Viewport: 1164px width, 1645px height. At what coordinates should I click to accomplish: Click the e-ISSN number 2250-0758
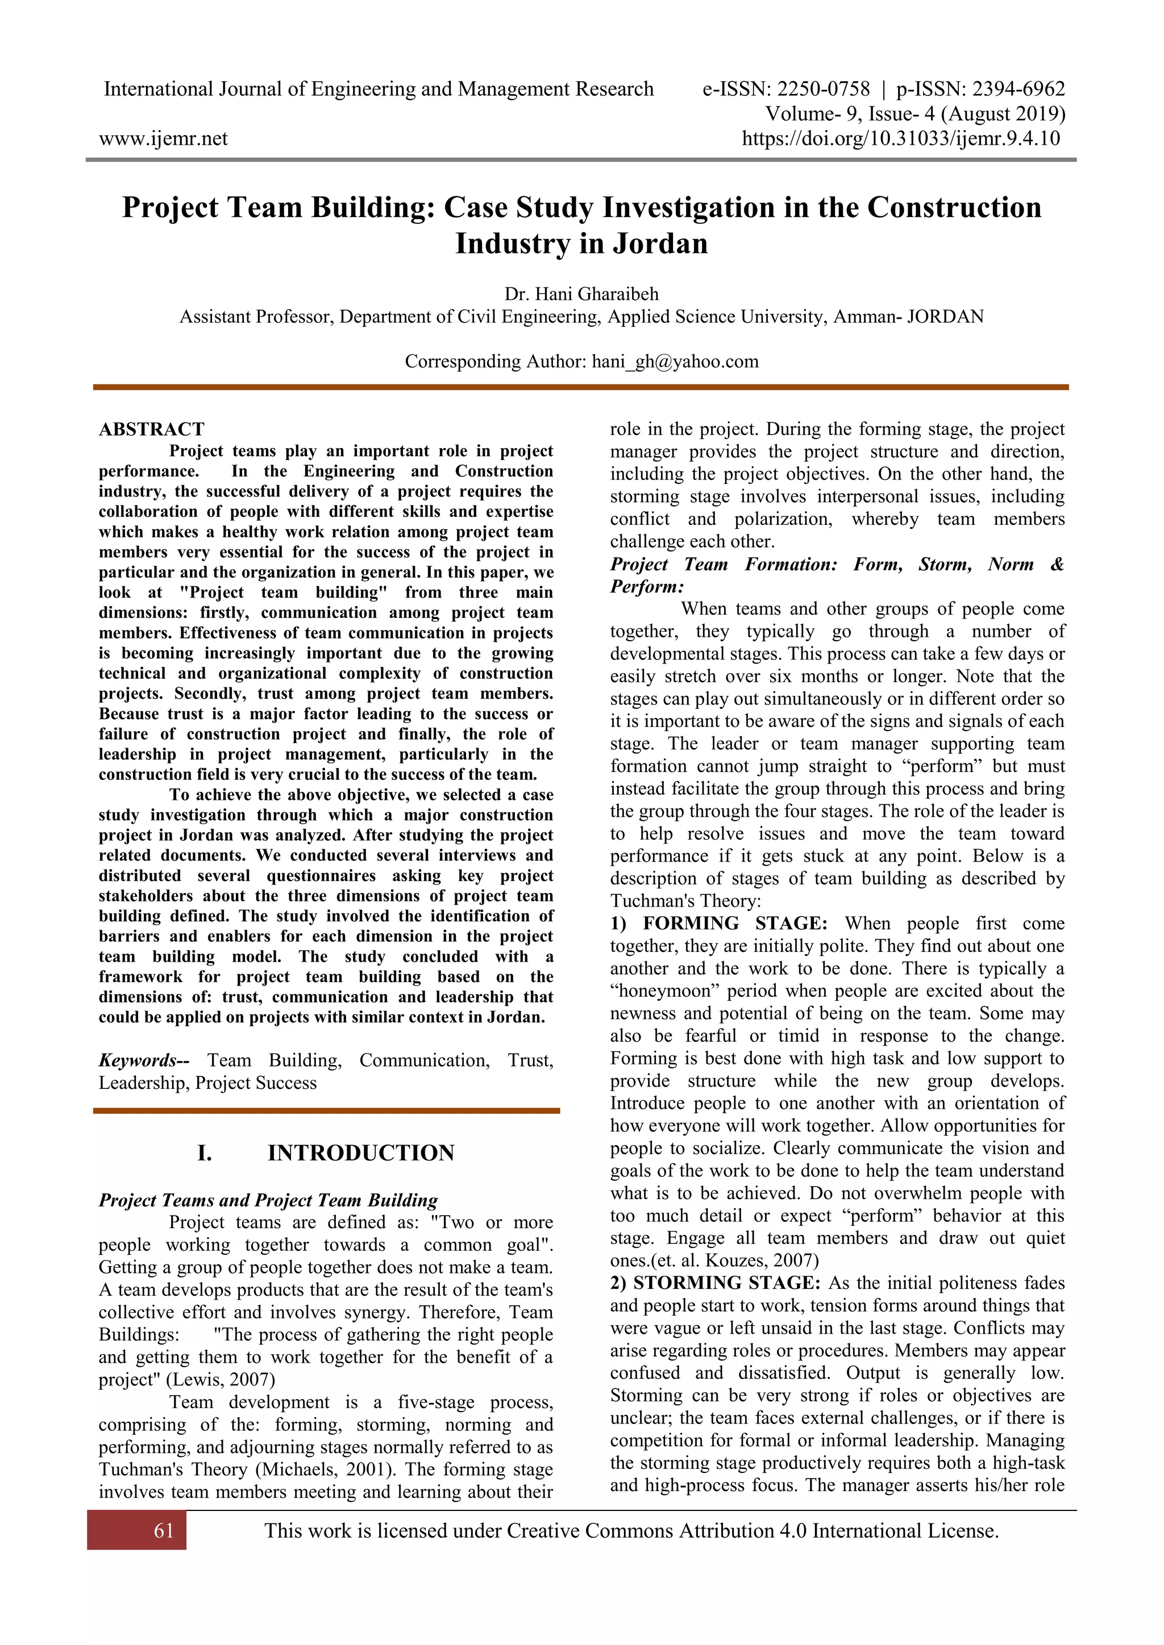(824, 90)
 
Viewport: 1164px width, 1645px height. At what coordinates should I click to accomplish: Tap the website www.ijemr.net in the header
(164, 138)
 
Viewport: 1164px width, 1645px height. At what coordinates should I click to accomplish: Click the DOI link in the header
(900, 138)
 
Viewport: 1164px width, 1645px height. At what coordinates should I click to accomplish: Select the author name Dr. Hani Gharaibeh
(581, 294)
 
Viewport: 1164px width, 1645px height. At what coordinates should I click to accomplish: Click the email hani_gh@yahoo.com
(675, 361)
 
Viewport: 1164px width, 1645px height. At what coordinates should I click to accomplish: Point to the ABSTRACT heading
(151, 429)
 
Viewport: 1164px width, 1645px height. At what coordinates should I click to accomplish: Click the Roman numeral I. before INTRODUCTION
(204, 1153)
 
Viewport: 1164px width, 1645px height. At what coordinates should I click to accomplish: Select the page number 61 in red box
(164, 1530)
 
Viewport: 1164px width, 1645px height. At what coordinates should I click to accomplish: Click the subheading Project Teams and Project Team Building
(268, 1200)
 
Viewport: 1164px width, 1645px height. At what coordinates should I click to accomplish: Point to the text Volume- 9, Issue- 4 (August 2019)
(914, 114)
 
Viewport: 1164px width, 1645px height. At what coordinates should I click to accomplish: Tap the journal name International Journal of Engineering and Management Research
(379, 90)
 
